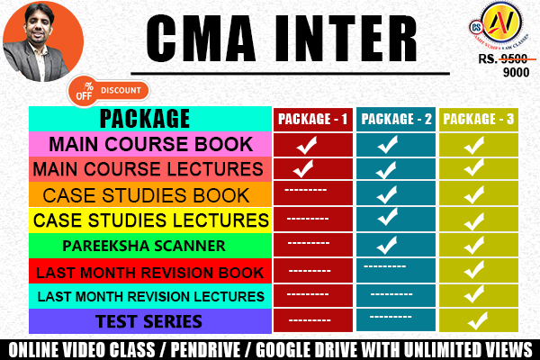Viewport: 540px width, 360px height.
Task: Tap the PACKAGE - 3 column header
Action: (x=476, y=118)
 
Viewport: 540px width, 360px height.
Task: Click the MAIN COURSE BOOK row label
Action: (x=150, y=143)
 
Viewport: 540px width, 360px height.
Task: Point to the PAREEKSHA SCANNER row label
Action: (x=150, y=245)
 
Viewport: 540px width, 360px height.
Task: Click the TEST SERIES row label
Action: (x=150, y=320)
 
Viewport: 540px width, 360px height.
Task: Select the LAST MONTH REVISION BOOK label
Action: (x=148, y=271)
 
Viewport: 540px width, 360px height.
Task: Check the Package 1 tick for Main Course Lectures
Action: (x=303, y=167)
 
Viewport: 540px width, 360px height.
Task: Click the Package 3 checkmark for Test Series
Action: (x=477, y=319)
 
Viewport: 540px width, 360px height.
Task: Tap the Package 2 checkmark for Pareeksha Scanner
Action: (x=388, y=244)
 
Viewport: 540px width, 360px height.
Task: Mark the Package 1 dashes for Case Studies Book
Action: (x=305, y=192)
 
